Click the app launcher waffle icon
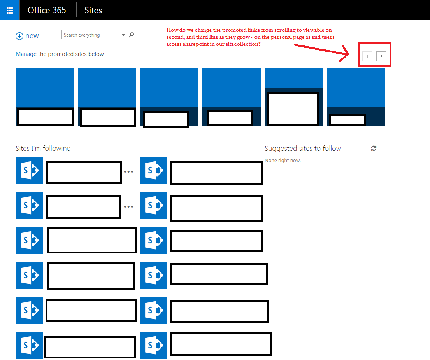[10, 10]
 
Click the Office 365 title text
[47, 10]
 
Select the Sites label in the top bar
[93, 10]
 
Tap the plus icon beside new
[19, 36]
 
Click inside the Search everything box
[91, 35]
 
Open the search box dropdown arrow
[123, 35]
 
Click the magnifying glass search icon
[132, 35]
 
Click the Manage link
[26, 54]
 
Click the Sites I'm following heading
[43, 148]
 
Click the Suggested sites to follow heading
[303, 148]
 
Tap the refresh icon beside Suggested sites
[374, 148]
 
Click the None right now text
[283, 160]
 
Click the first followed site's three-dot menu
[128, 172]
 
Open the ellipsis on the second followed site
[128, 206]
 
